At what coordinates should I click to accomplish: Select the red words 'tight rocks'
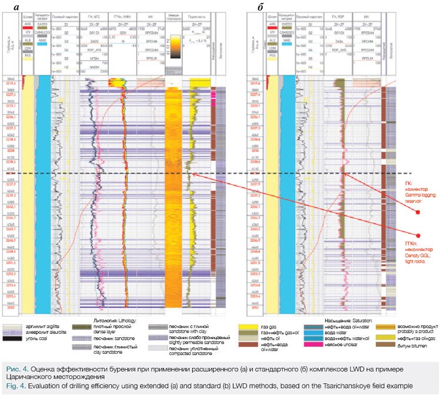pyautogui.click(x=415, y=247)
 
